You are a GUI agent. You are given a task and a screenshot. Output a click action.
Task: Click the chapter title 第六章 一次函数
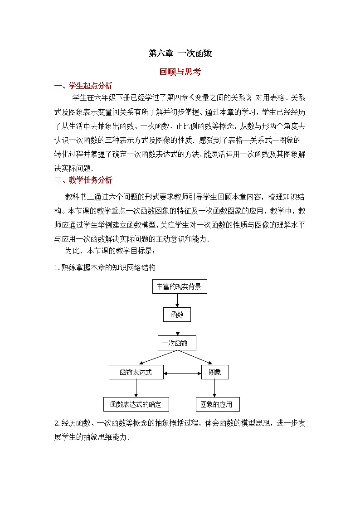point(180,53)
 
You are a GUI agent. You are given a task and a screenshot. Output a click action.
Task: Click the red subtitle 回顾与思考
point(180,72)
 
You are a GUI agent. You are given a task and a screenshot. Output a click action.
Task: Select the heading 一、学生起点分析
point(83,86)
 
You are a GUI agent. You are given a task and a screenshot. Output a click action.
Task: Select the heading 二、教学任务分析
point(83,180)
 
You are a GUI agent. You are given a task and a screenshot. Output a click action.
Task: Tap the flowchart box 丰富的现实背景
point(179,286)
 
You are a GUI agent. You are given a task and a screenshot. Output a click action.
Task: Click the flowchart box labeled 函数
point(176,315)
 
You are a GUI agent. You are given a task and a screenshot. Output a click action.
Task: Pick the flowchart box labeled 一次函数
point(177,343)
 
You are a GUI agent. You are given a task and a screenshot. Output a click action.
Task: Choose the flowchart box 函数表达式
point(136,372)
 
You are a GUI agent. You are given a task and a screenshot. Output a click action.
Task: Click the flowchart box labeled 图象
point(214,372)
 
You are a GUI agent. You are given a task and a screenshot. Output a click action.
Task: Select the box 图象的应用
point(217,404)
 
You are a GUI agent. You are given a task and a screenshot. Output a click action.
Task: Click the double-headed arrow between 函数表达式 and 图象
point(182,373)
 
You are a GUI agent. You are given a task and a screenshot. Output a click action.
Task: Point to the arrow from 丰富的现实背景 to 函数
point(177,301)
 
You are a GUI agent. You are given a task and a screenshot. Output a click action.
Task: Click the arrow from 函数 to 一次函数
point(177,329)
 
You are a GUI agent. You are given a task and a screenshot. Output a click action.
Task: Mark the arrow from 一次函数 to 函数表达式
point(156,357)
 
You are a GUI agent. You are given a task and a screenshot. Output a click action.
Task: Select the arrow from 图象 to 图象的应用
point(214,388)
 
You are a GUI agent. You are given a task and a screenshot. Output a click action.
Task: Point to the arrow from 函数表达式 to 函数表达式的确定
point(136,388)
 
